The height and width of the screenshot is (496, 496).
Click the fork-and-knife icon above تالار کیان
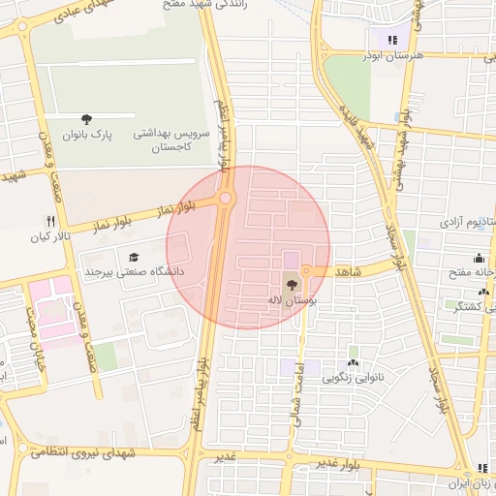click(50, 222)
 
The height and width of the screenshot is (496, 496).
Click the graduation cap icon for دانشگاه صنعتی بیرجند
click(133, 257)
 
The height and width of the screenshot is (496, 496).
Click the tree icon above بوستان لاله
click(292, 285)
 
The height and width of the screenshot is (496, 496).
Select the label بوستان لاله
click(290, 301)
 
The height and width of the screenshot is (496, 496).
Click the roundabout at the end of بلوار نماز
click(227, 199)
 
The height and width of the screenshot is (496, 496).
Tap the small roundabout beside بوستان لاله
click(306, 271)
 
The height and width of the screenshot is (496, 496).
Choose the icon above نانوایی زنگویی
click(353, 362)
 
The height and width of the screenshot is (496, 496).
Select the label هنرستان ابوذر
click(391, 55)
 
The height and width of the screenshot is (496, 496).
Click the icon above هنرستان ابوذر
click(392, 40)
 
